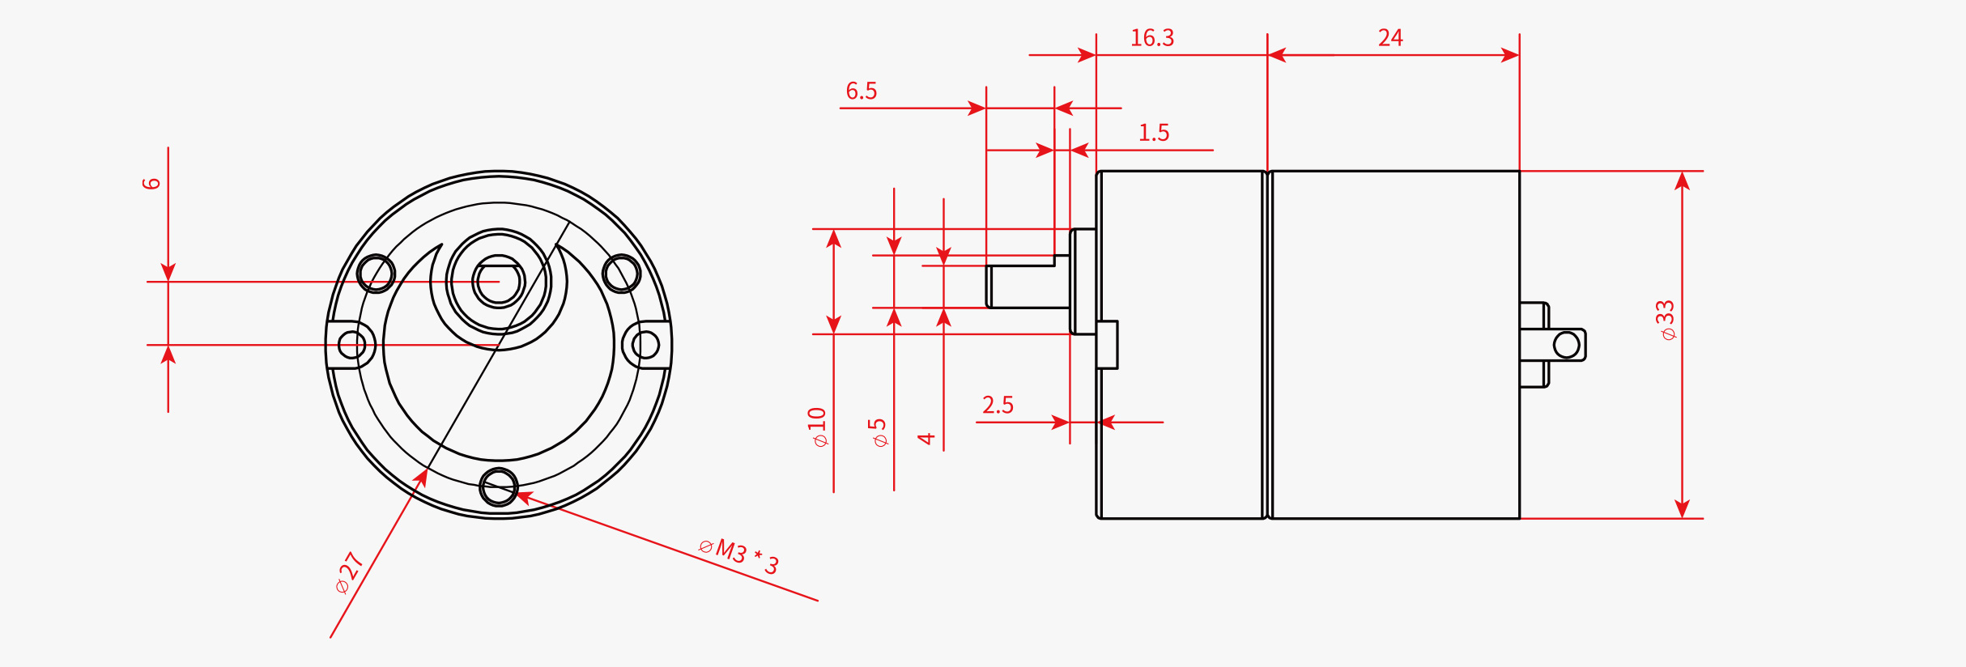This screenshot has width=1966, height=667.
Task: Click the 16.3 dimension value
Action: coord(1151,38)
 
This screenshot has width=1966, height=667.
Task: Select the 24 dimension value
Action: coord(1389,38)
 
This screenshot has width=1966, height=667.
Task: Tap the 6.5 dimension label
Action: coord(861,91)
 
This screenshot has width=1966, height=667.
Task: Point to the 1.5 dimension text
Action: coord(1153,133)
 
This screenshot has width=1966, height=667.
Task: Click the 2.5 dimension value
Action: coord(997,405)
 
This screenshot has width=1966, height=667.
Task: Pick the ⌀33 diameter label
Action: coord(1666,320)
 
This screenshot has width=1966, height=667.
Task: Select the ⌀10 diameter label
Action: coord(818,427)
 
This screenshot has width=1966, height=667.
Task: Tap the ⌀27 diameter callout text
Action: coord(349,572)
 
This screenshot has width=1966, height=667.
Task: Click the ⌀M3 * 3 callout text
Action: coord(738,557)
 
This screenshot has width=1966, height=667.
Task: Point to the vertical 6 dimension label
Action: coord(151,184)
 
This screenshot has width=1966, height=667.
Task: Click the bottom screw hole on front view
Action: coord(498,487)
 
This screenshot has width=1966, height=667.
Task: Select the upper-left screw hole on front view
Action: coord(376,274)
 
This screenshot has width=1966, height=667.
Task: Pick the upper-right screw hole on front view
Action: coord(621,274)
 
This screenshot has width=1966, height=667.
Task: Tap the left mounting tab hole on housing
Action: coord(351,345)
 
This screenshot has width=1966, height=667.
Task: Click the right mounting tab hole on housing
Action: coord(645,345)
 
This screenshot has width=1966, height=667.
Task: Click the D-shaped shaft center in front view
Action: coord(498,283)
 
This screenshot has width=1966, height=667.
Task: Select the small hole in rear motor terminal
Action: coord(1566,346)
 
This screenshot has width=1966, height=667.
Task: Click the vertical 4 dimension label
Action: coord(926,439)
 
